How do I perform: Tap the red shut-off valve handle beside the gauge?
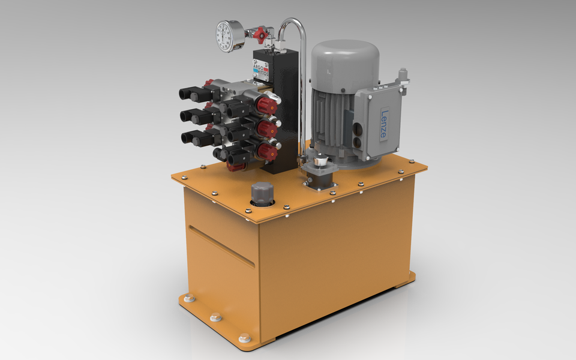[259, 36]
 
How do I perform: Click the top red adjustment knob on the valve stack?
[266, 106]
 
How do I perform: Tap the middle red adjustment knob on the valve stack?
[266, 128]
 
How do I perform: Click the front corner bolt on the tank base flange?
[244, 338]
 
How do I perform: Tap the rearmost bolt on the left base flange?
[189, 298]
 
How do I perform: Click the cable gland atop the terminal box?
[403, 74]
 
